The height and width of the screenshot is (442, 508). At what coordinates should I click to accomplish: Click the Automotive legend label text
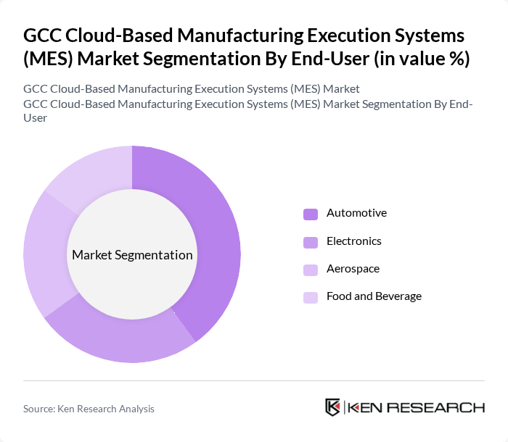click(356, 213)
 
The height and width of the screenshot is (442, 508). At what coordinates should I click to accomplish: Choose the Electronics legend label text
click(353, 241)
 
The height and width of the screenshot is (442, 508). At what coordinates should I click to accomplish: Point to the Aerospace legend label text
click(353, 269)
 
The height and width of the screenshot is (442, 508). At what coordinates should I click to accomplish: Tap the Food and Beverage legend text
click(374, 296)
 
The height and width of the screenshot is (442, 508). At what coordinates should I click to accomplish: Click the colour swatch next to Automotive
click(311, 214)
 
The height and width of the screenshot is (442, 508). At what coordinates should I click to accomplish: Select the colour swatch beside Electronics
click(311, 242)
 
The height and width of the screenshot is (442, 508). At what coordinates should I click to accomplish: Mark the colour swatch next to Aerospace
click(311, 270)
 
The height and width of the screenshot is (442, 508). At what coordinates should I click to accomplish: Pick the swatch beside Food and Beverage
click(311, 297)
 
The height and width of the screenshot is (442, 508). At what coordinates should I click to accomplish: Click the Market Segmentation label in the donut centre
click(132, 255)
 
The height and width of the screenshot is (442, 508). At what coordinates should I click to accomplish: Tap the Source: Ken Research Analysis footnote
click(89, 409)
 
